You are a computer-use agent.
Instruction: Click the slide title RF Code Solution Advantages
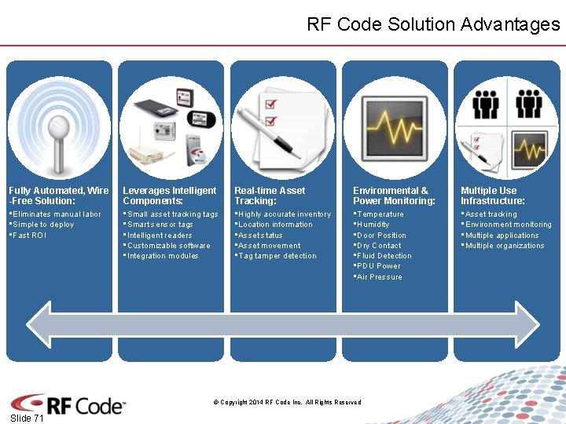click(x=433, y=24)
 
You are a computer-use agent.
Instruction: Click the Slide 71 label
click(x=28, y=419)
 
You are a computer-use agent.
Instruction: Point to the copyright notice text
click(x=287, y=403)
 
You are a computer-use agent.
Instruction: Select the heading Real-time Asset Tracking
click(x=270, y=196)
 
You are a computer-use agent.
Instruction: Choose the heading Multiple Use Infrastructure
click(x=492, y=196)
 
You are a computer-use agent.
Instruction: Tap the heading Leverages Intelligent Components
click(x=169, y=196)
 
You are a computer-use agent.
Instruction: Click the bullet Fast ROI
click(x=29, y=236)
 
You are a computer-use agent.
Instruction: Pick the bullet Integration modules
click(x=163, y=256)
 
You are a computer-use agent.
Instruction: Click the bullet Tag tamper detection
click(x=277, y=256)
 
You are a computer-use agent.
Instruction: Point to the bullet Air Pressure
click(x=379, y=277)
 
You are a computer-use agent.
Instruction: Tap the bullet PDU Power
click(x=378, y=266)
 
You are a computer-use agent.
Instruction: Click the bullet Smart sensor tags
click(x=160, y=225)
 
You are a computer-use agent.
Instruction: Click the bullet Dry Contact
click(x=378, y=246)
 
